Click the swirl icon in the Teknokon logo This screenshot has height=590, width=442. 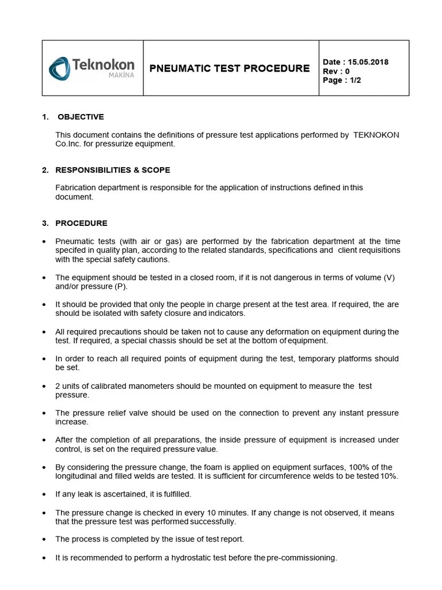coord(59,69)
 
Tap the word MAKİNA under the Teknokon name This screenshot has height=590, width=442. coord(121,75)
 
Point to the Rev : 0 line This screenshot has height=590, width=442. coord(337,71)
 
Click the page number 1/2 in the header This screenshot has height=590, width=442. coord(355,81)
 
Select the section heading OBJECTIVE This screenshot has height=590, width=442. coord(81,117)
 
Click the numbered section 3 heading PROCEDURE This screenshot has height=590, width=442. coord(81,223)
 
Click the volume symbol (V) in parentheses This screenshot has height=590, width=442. coord(390,277)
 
